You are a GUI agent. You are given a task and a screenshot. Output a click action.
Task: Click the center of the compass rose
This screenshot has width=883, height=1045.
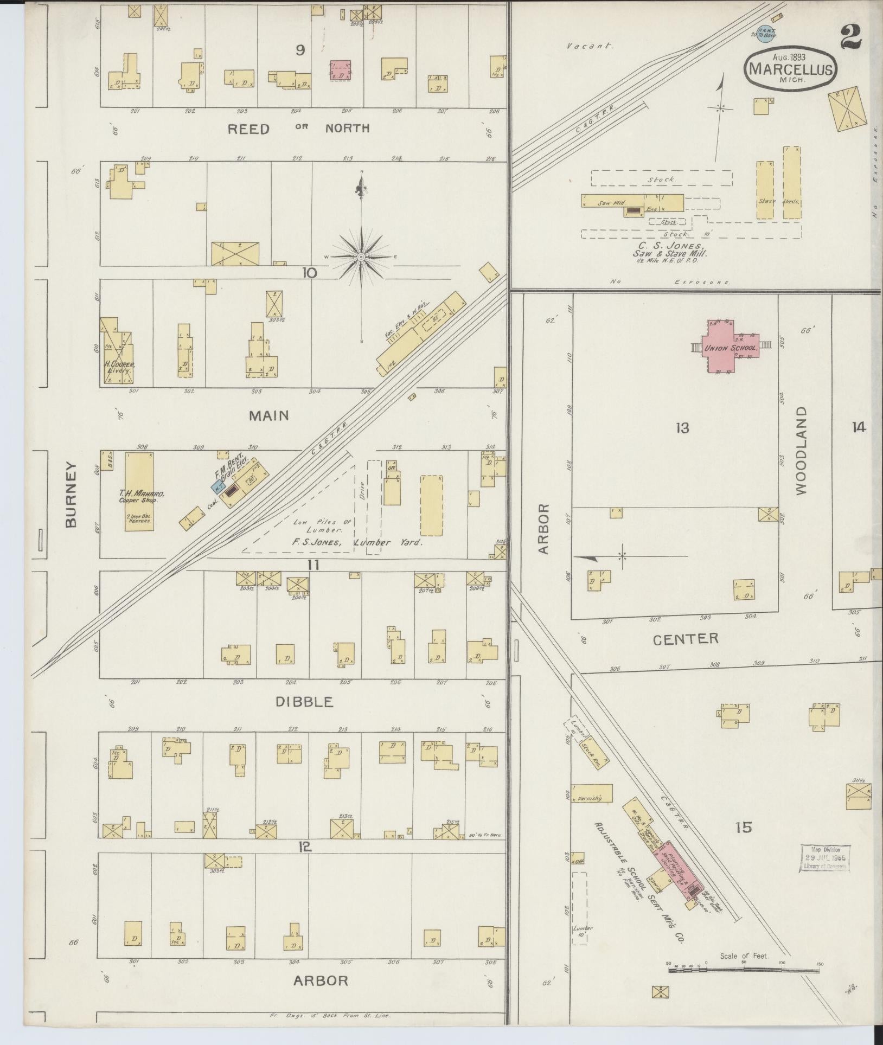[361, 256]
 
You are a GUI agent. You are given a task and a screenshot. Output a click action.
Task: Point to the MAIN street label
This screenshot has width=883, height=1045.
[268, 415]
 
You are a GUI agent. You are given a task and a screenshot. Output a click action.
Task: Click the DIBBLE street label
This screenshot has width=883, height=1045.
[304, 702]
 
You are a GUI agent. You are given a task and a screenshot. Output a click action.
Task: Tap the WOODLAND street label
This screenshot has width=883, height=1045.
[802, 450]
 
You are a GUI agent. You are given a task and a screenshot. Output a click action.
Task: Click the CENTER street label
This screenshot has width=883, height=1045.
[686, 639]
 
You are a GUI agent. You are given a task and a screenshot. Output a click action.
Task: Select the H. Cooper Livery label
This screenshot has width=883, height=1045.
[119, 368]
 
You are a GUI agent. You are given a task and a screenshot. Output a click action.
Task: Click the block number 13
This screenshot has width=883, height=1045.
[682, 428]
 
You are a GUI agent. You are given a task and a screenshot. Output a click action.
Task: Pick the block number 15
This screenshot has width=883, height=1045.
[744, 828]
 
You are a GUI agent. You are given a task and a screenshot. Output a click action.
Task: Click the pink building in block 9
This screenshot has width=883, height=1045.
[340, 70]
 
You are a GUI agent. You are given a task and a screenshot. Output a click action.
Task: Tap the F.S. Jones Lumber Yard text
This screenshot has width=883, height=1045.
[358, 542]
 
